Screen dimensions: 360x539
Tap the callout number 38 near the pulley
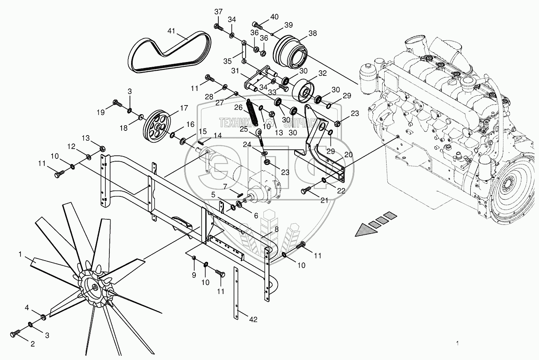[312, 34]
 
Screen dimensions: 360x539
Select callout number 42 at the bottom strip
[253, 319]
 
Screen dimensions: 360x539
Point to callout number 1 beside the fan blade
[21, 255]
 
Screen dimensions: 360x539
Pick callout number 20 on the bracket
[348, 155]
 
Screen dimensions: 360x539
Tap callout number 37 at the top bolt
[218, 12]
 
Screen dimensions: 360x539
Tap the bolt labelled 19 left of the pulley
[117, 104]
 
